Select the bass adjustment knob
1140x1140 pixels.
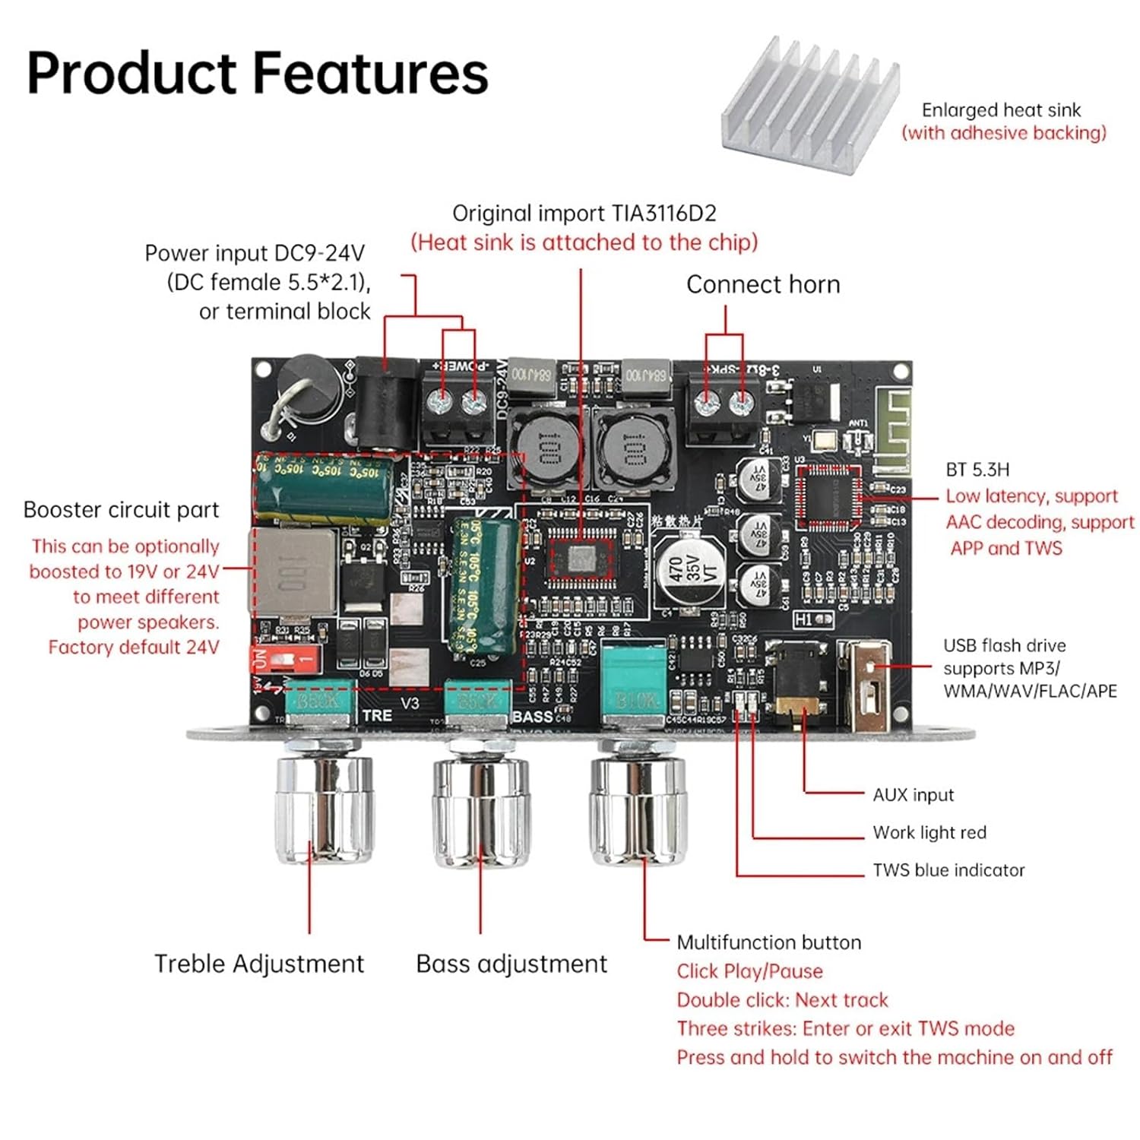click(480, 809)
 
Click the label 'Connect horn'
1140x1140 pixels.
click(763, 285)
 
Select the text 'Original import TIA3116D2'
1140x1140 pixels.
click(584, 214)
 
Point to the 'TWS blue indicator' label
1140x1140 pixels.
click(948, 870)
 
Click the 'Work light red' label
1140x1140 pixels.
click(929, 833)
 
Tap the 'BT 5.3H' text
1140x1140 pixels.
click(977, 470)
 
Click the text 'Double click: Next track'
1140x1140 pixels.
click(782, 1000)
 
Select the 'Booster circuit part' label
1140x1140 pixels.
click(121, 510)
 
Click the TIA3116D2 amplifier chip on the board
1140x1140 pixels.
click(581, 560)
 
